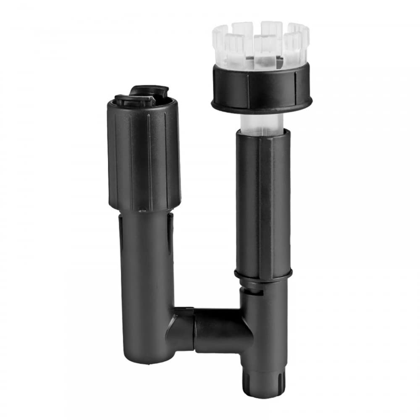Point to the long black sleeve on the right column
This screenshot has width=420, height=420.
[263, 202]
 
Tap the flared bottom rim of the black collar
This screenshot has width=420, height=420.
[262, 105]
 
